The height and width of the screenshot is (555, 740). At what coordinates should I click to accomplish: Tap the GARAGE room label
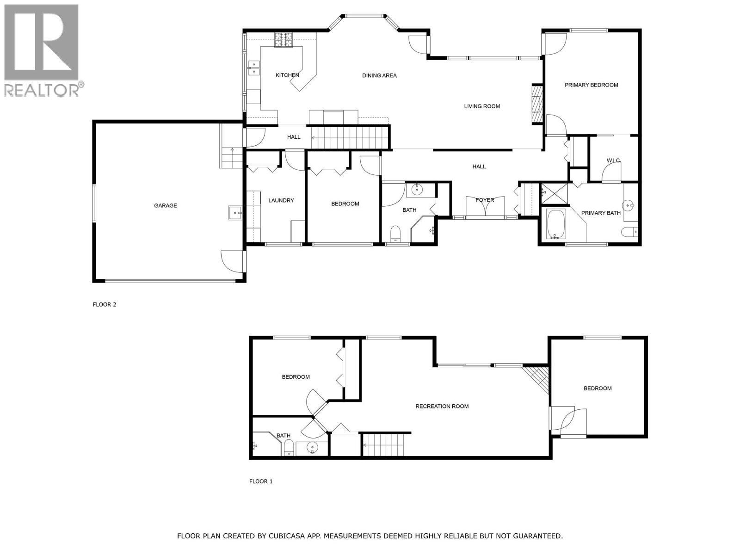166,205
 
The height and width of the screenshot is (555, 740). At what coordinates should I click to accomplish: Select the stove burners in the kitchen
284,40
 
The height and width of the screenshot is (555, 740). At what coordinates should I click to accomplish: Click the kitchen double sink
253,68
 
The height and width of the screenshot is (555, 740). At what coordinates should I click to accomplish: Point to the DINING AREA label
379,75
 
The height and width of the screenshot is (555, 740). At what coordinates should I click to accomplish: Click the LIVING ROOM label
482,106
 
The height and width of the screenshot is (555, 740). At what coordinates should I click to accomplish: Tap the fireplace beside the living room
536,104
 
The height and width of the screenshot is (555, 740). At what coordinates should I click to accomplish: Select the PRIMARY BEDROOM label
591,85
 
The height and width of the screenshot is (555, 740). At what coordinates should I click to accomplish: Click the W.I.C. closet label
613,160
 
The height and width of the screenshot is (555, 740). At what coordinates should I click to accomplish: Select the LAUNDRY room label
281,200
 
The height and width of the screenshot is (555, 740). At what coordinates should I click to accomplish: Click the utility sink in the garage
235,213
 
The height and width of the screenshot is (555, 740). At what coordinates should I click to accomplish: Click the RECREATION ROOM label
442,406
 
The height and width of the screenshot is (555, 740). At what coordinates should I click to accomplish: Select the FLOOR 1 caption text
261,481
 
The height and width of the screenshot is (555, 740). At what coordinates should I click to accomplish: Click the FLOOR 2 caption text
105,304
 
